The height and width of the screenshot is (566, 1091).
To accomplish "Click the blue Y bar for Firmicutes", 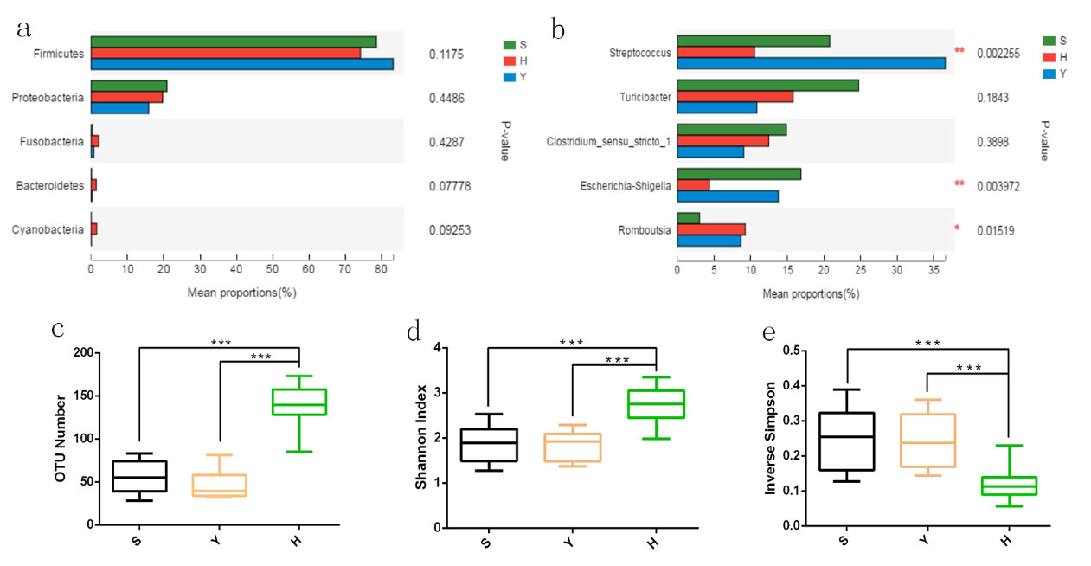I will [x=242, y=64].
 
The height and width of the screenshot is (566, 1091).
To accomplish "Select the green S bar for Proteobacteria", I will [x=129, y=87].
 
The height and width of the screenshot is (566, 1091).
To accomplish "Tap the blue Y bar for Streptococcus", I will [x=811, y=63].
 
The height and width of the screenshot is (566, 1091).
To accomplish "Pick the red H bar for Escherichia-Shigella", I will [x=693, y=185].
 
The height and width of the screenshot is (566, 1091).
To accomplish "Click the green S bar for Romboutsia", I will [x=688, y=217].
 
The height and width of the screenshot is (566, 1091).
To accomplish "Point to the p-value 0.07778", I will [x=449, y=186].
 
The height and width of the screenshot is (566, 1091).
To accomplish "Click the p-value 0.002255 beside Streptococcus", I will [x=998, y=53].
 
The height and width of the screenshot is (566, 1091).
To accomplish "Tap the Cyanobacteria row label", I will [x=48, y=229].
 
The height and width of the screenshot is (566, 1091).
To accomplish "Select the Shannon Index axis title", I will [x=420, y=438].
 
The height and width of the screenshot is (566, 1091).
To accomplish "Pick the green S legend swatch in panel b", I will [x=1049, y=41].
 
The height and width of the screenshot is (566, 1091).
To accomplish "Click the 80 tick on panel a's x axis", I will [x=381, y=269].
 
